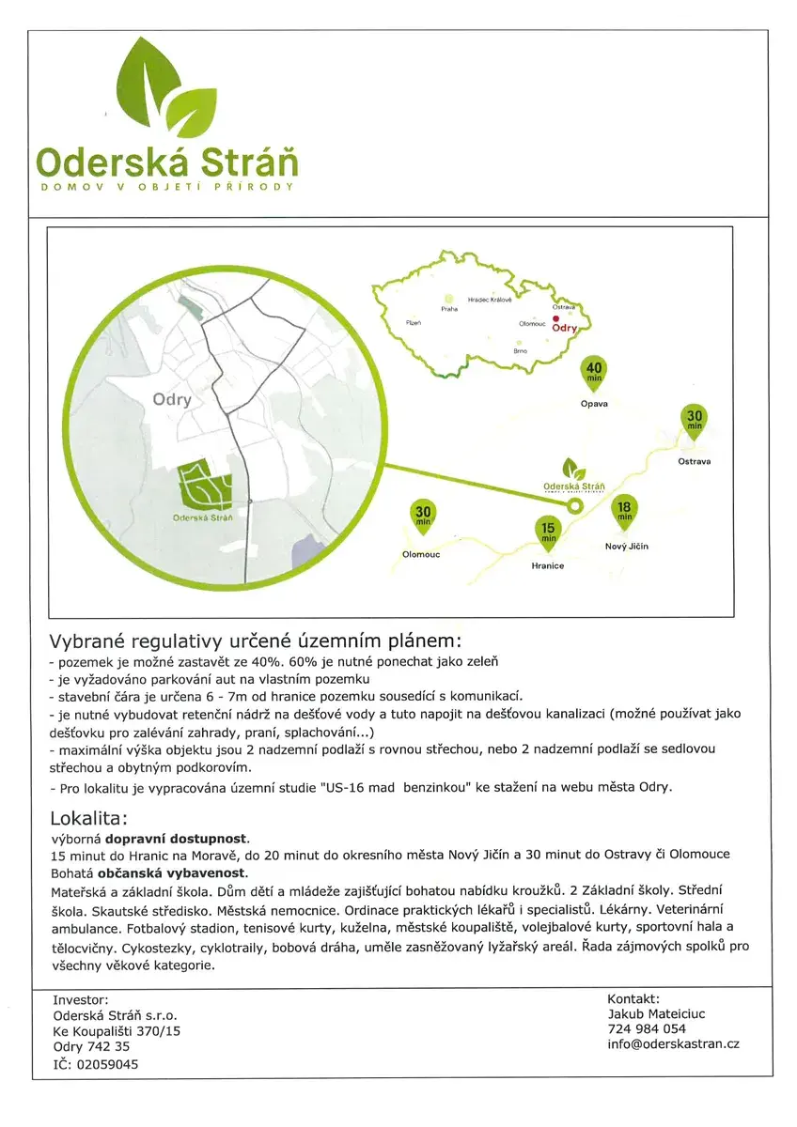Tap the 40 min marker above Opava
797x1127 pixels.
[594, 372]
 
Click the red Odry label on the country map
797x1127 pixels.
[564, 330]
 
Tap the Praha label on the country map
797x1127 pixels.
[448, 308]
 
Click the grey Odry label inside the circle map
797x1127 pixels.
[172, 400]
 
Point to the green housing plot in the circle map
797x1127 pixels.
[205, 484]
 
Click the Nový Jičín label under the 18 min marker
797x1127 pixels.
[626, 546]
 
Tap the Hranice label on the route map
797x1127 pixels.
[547, 565]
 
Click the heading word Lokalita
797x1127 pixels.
[88, 817]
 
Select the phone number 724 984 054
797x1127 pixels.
[647, 1028]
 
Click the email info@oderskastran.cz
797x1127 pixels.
[673, 1043]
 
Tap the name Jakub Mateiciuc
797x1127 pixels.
[656, 1013]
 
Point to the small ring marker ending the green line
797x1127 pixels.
[577, 505]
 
